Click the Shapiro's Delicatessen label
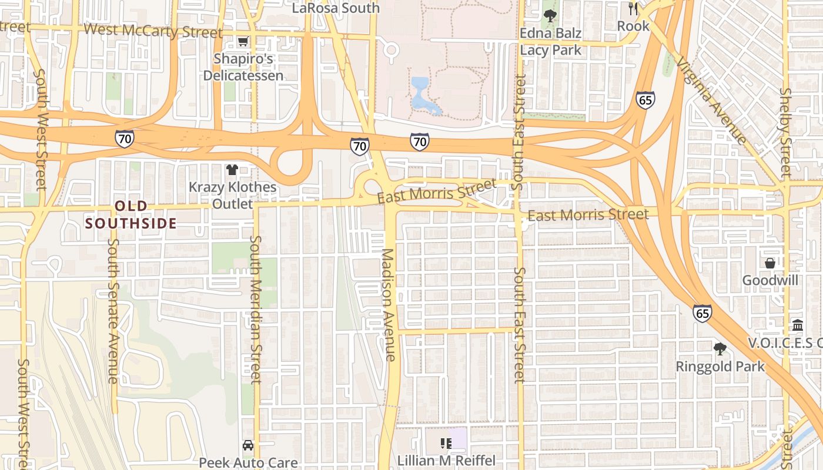(x=243, y=67)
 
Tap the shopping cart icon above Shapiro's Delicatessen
(x=243, y=41)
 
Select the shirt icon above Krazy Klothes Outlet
(x=232, y=170)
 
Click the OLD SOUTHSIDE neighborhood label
(x=131, y=214)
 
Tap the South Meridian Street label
(x=256, y=309)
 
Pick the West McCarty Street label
(x=153, y=31)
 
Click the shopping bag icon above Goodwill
(x=770, y=263)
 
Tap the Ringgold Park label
(x=720, y=367)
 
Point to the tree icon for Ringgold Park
(x=720, y=349)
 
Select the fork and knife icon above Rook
(x=633, y=8)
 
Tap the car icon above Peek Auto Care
(x=248, y=445)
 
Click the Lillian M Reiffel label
(x=446, y=460)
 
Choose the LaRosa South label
(x=336, y=8)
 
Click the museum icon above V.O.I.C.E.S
(x=798, y=325)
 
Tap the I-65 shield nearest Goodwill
(x=702, y=313)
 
